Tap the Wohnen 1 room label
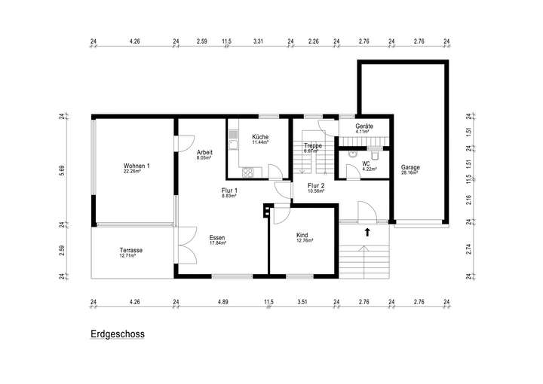[x=137, y=166]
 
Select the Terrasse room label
[x=131, y=251]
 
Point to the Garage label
[x=410, y=167]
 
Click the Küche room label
[x=260, y=137]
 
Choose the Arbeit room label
[x=204, y=153]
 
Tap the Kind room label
[x=304, y=236]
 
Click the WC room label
[x=366, y=164]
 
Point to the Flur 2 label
[x=316, y=185]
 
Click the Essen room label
[x=218, y=238]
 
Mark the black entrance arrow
[x=367, y=232]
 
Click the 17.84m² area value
[x=218, y=243]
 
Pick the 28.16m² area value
[x=410, y=172]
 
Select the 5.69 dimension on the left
[x=63, y=170]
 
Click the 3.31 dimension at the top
[x=258, y=41]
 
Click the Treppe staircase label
[x=313, y=145]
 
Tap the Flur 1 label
[x=229, y=190]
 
